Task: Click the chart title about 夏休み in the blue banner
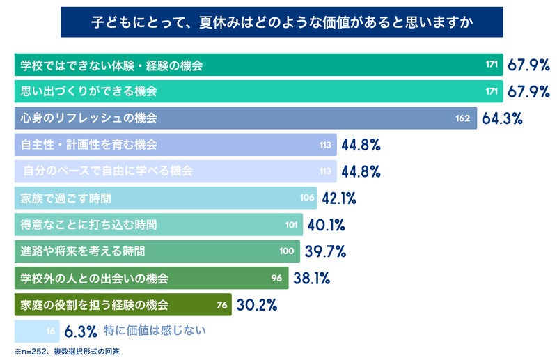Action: (x=283, y=22)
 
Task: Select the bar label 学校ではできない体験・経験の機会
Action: (x=111, y=65)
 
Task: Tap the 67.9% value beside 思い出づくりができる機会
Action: (x=528, y=92)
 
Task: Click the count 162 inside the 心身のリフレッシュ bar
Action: (x=463, y=118)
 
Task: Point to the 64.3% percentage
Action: (x=502, y=118)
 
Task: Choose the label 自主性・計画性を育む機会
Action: (x=88, y=145)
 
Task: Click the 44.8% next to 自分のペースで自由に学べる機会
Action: (x=361, y=171)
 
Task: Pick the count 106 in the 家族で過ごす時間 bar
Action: (x=307, y=198)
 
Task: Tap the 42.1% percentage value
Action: (x=339, y=198)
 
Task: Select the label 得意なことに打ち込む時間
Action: (x=88, y=225)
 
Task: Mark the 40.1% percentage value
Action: (x=327, y=225)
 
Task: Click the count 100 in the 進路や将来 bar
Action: (x=286, y=251)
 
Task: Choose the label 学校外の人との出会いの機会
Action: (x=94, y=279)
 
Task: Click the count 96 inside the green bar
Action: (x=276, y=279)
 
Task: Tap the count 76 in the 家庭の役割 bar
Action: (x=223, y=305)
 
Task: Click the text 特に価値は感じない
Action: (x=155, y=331)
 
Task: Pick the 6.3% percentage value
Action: (x=80, y=331)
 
